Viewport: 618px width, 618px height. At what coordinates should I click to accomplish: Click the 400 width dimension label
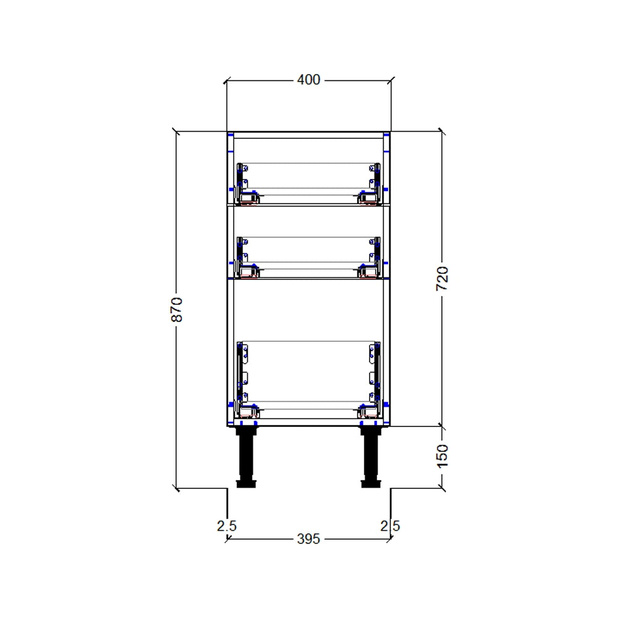308,80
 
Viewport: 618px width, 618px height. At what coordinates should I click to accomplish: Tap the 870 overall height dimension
177,309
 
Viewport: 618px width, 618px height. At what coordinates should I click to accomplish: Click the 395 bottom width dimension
308,539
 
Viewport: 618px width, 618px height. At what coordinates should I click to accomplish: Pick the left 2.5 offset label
226,526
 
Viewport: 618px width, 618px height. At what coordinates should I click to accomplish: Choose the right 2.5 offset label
390,526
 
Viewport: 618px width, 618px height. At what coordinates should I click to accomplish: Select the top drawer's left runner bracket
244,183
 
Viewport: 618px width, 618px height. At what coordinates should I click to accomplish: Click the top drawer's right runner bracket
373,183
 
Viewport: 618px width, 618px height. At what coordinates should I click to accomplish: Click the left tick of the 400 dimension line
226,80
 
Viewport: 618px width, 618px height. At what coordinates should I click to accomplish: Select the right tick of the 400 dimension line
391,80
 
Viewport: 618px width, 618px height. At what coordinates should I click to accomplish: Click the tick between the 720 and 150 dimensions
441,425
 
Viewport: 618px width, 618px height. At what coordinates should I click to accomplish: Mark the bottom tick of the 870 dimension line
177,488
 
